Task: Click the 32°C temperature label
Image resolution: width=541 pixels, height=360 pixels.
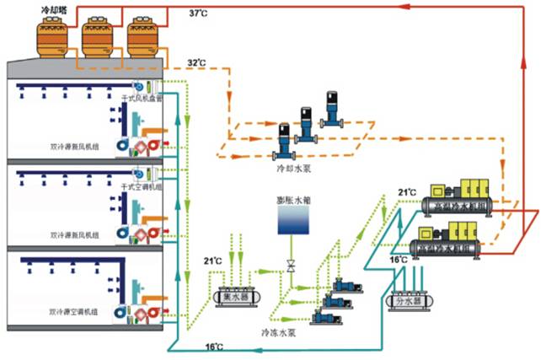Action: [x=196, y=63]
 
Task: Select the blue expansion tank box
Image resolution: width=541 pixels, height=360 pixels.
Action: [x=292, y=223]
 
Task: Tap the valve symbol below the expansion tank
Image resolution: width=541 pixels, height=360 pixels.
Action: [x=292, y=266]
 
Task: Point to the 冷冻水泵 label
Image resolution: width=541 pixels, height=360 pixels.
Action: [x=278, y=334]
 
